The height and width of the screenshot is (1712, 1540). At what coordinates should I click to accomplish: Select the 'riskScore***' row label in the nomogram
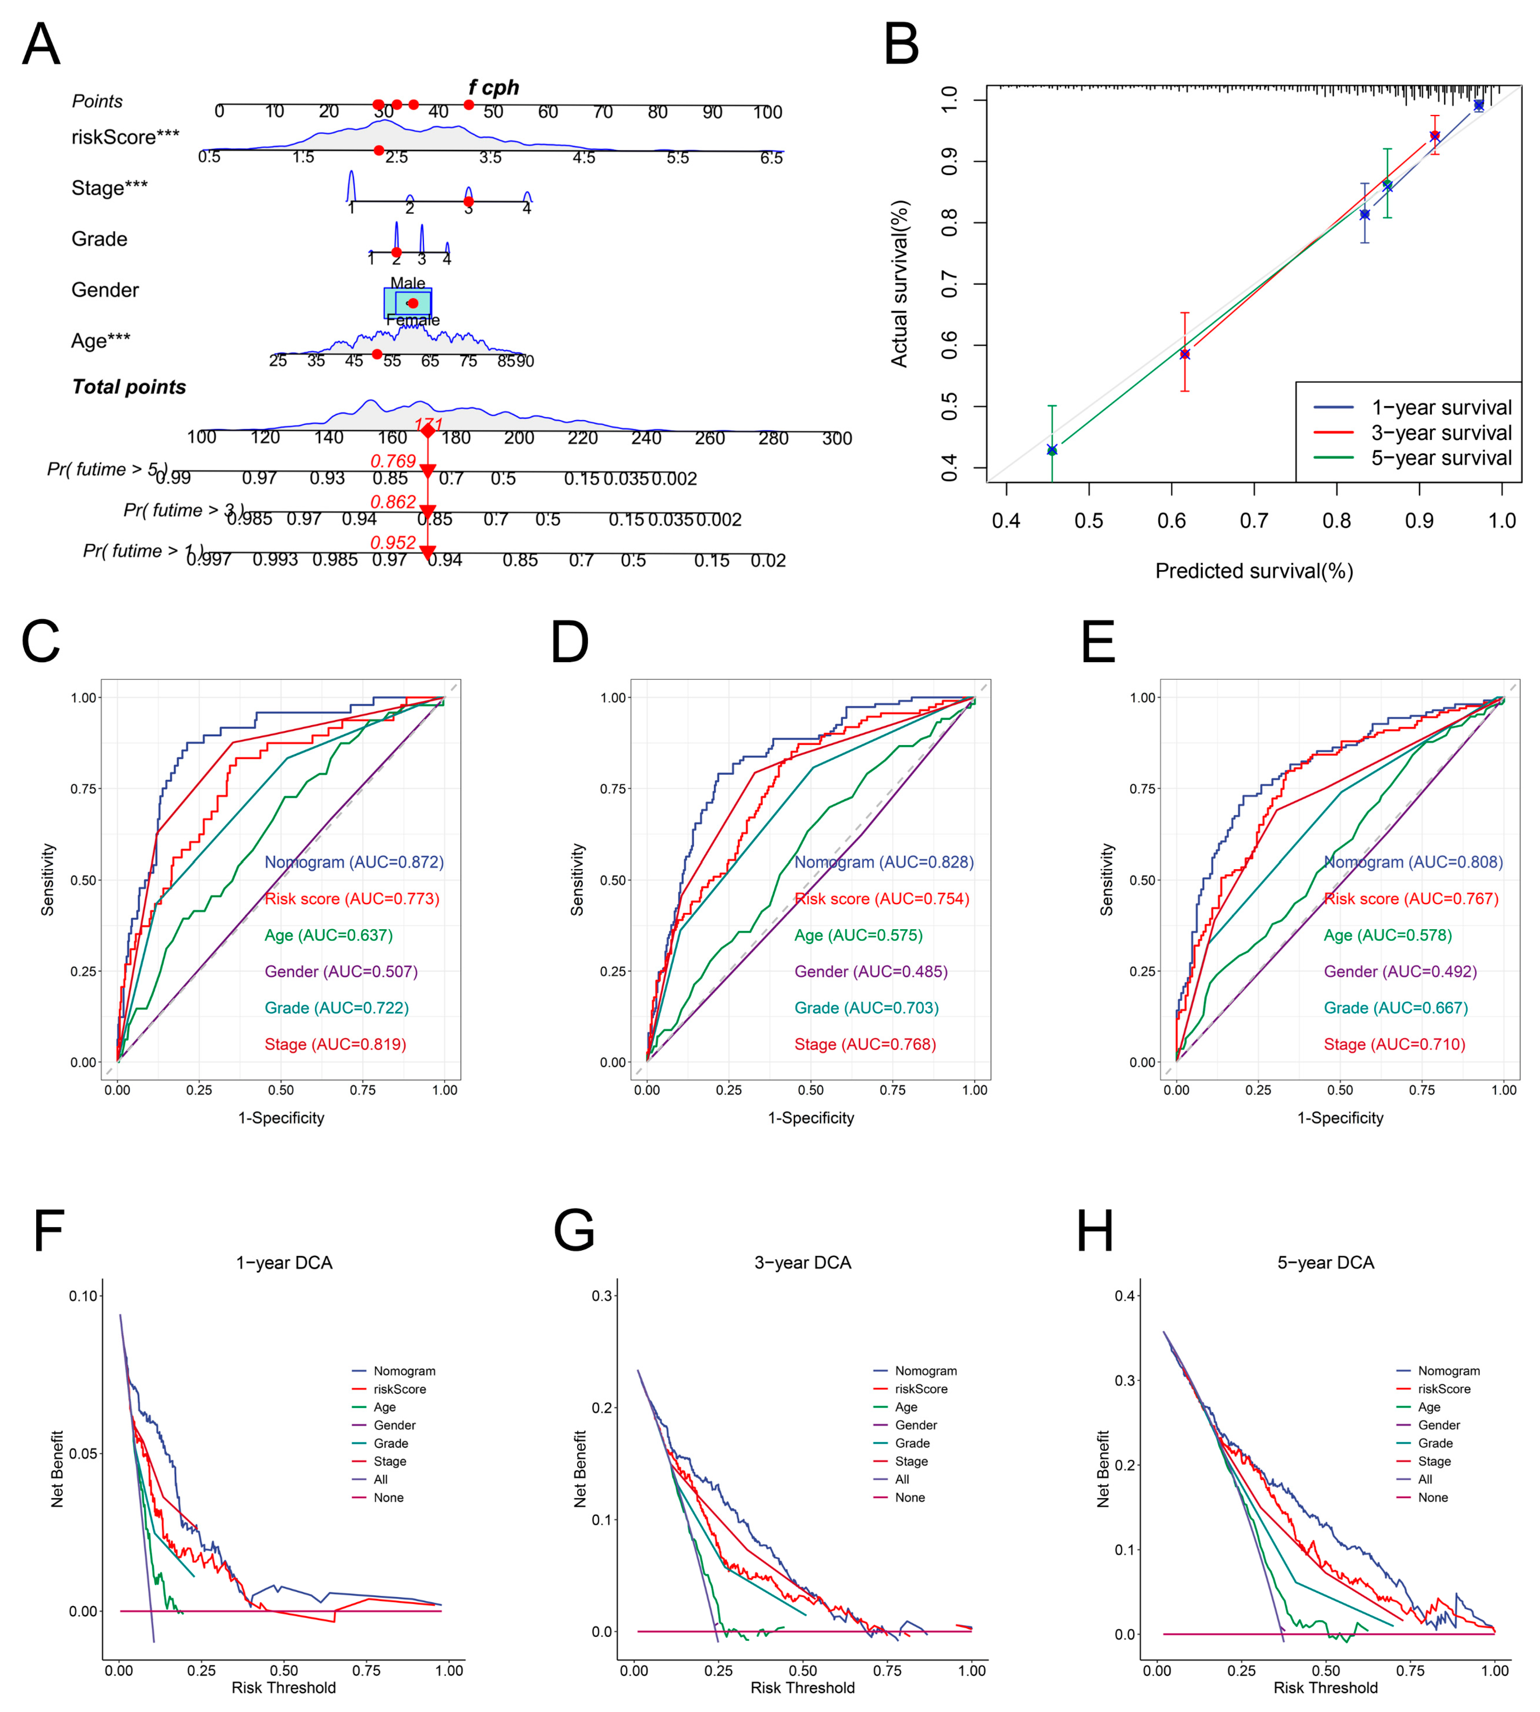[125, 137]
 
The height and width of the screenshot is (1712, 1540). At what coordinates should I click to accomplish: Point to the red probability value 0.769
[393, 461]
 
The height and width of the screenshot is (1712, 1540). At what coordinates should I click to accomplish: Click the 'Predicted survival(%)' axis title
[1254, 571]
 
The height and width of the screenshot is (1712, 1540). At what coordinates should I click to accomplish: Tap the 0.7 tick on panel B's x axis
[1254, 520]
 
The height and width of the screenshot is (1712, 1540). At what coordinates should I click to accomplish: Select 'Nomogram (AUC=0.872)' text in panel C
[354, 862]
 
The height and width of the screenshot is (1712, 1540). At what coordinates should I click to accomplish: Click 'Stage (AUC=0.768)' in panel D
[865, 1044]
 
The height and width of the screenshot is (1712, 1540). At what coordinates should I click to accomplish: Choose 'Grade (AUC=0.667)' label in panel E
[1395, 1008]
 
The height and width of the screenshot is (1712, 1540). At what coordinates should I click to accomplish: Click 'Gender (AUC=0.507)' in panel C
[341, 971]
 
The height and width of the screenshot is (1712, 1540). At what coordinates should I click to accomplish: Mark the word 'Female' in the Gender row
[413, 320]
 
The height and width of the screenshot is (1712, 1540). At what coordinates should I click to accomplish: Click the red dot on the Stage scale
[468, 201]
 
